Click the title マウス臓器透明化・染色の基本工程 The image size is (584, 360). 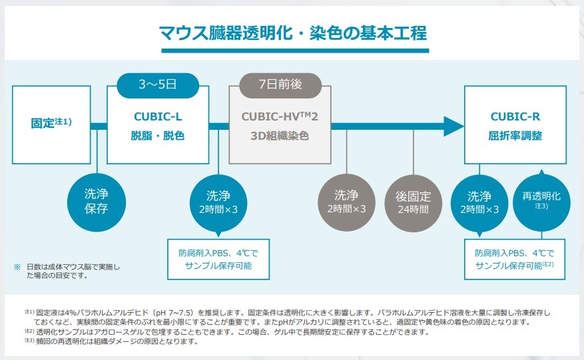pyautogui.click(x=292, y=32)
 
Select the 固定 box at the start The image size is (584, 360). pyautogui.click(x=51, y=124)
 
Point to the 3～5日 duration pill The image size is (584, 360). pyautogui.click(x=158, y=85)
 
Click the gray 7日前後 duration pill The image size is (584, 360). pyautogui.click(x=280, y=85)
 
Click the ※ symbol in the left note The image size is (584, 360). pyautogui.click(x=17, y=267)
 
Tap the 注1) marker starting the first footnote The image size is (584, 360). pyautogui.click(x=30, y=311)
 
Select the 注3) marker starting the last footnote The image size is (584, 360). pyautogui.click(x=30, y=341)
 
